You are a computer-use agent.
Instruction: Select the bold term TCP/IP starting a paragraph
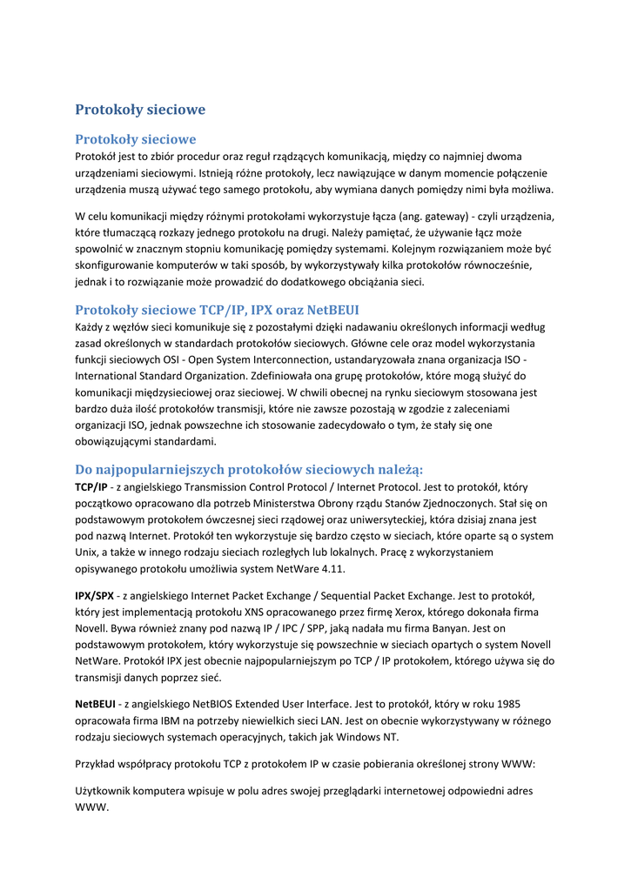tap(91, 487)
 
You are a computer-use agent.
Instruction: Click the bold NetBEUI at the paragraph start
tap(95, 703)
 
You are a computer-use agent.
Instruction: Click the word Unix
tap(90, 552)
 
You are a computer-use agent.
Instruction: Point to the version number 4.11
tap(331, 568)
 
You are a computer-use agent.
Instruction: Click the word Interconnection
tap(305, 360)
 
